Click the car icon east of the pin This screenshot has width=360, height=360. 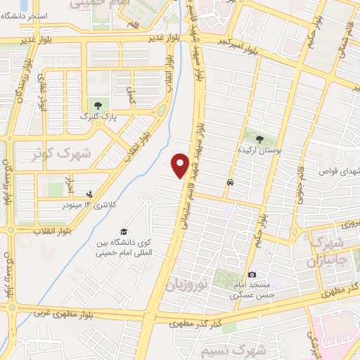pyautogui.click(x=231, y=182)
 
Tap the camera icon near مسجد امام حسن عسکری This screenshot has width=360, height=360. pyautogui.click(x=251, y=274)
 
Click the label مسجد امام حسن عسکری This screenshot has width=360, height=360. pyautogui.click(x=252, y=290)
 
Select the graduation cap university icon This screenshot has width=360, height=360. pyautogui.click(x=124, y=231)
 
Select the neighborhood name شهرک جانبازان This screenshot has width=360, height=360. pyautogui.click(x=326, y=253)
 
